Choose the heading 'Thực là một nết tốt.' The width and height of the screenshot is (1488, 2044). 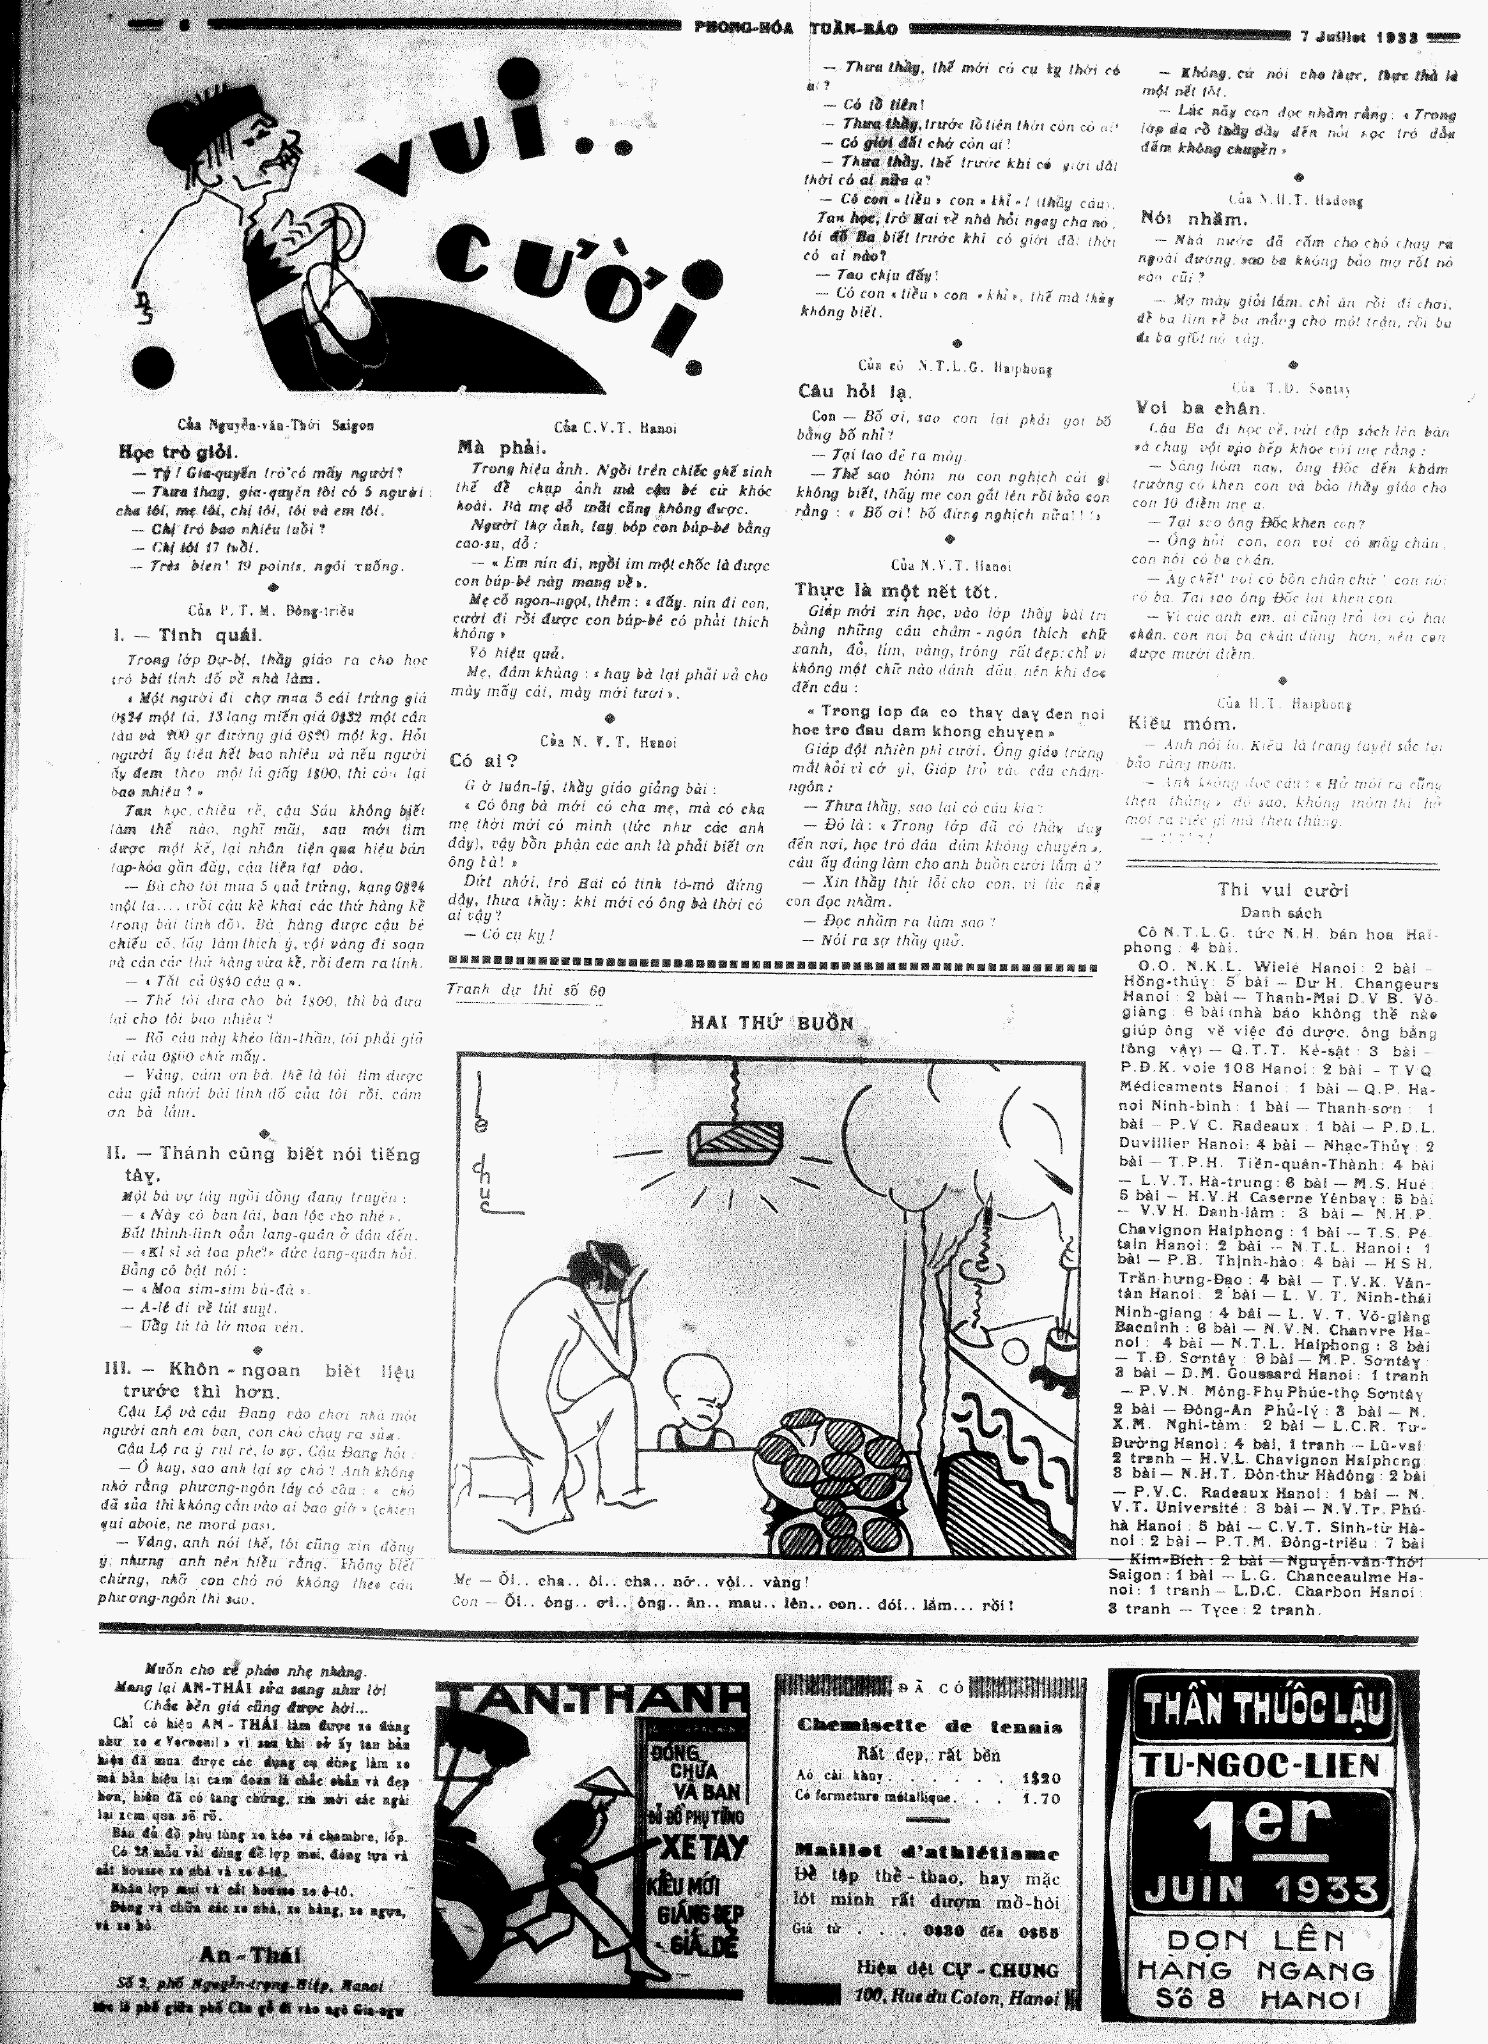[895, 591]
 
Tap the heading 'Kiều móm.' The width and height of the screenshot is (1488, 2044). [1181, 723]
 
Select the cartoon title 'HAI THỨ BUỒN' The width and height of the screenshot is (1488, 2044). [772, 1022]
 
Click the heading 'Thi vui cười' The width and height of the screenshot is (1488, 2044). [1282, 890]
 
